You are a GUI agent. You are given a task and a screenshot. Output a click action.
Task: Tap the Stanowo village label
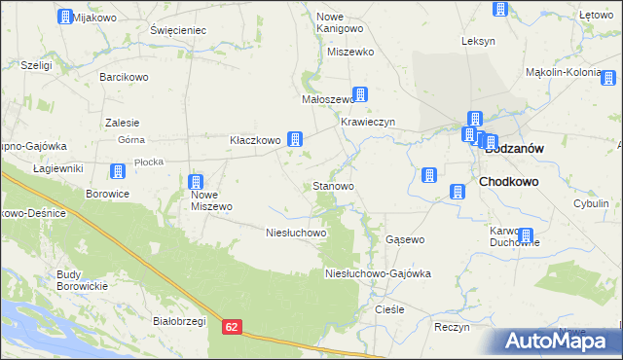coord(332,185)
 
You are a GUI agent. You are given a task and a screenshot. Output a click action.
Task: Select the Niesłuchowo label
coord(296,234)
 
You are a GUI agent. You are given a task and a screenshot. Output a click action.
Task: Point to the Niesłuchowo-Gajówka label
coord(378,274)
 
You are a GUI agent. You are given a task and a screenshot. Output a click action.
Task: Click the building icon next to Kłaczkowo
coord(294,140)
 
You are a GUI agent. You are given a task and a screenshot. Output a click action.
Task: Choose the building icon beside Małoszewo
coord(361,94)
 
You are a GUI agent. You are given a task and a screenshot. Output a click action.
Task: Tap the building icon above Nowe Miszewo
coord(195,182)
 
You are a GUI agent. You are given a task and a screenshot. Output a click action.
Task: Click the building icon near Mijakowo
coord(65,17)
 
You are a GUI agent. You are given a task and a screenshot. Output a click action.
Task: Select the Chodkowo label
coord(509,182)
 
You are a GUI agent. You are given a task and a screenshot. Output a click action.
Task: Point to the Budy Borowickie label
coord(82,279)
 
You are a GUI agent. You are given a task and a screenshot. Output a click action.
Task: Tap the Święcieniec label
coord(178,30)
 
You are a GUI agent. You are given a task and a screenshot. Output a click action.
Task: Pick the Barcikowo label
coord(123,76)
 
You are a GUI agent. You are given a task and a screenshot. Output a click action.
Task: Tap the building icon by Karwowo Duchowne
coord(526,235)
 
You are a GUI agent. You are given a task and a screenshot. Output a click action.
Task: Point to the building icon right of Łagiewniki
coord(118,171)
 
